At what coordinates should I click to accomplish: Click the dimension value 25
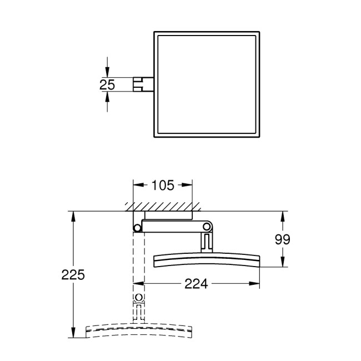(x=107, y=84)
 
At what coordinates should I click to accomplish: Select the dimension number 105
(x=163, y=185)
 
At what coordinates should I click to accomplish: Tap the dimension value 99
(x=282, y=239)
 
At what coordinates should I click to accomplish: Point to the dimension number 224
(x=195, y=284)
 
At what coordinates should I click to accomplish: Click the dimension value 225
(x=73, y=275)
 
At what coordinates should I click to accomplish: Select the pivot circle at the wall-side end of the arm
(x=137, y=227)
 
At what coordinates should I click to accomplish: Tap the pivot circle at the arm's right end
(x=207, y=227)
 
